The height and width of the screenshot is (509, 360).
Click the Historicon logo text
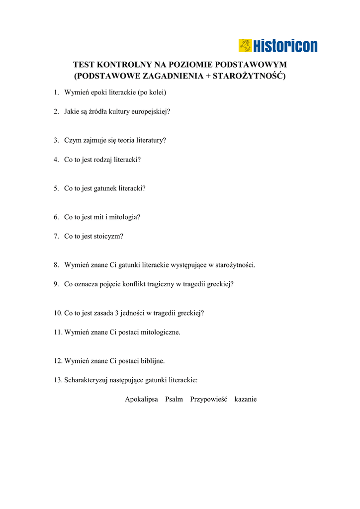pyautogui.click(x=285, y=46)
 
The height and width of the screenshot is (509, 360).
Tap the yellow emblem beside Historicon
pyautogui.click(x=245, y=46)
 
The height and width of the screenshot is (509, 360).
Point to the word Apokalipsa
pyautogui.click(x=141, y=399)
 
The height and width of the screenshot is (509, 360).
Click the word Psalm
pyautogui.click(x=174, y=399)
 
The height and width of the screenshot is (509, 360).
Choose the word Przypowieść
pyautogui.click(x=208, y=399)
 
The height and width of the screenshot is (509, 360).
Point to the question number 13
pyautogui.click(x=57, y=380)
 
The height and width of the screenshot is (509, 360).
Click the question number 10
pyautogui.click(x=57, y=313)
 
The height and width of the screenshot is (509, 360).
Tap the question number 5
pyautogui.click(x=56, y=188)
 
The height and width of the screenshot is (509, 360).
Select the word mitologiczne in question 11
pyautogui.click(x=160, y=332)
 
